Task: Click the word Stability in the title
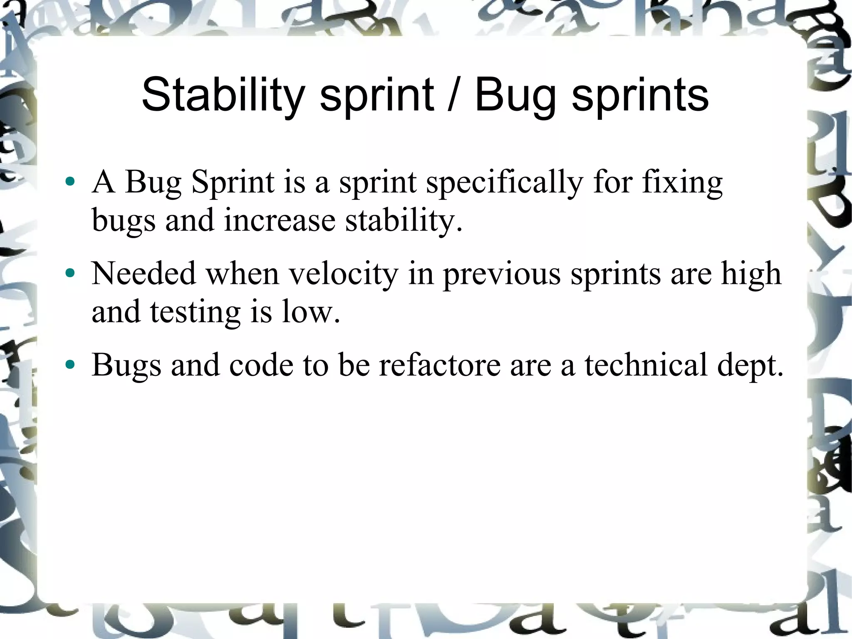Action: [x=222, y=95]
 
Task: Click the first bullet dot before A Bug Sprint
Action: [x=70, y=182]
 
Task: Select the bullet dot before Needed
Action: [x=70, y=274]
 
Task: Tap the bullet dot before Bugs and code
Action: [x=70, y=365]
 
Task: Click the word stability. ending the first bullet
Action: [x=404, y=221]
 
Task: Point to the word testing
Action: [x=195, y=312]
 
